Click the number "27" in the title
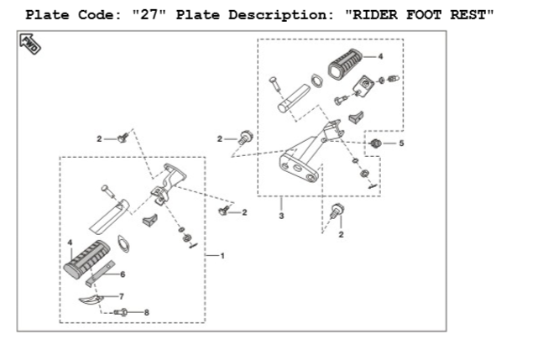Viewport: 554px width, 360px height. tap(144, 16)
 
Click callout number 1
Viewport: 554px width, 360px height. tap(222, 255)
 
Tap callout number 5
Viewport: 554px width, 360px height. tap(400, 143)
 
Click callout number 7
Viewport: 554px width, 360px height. tap(123, 296)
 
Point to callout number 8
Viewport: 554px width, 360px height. tap(147, 312)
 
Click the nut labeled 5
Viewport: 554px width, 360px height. tap(377, 144)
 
